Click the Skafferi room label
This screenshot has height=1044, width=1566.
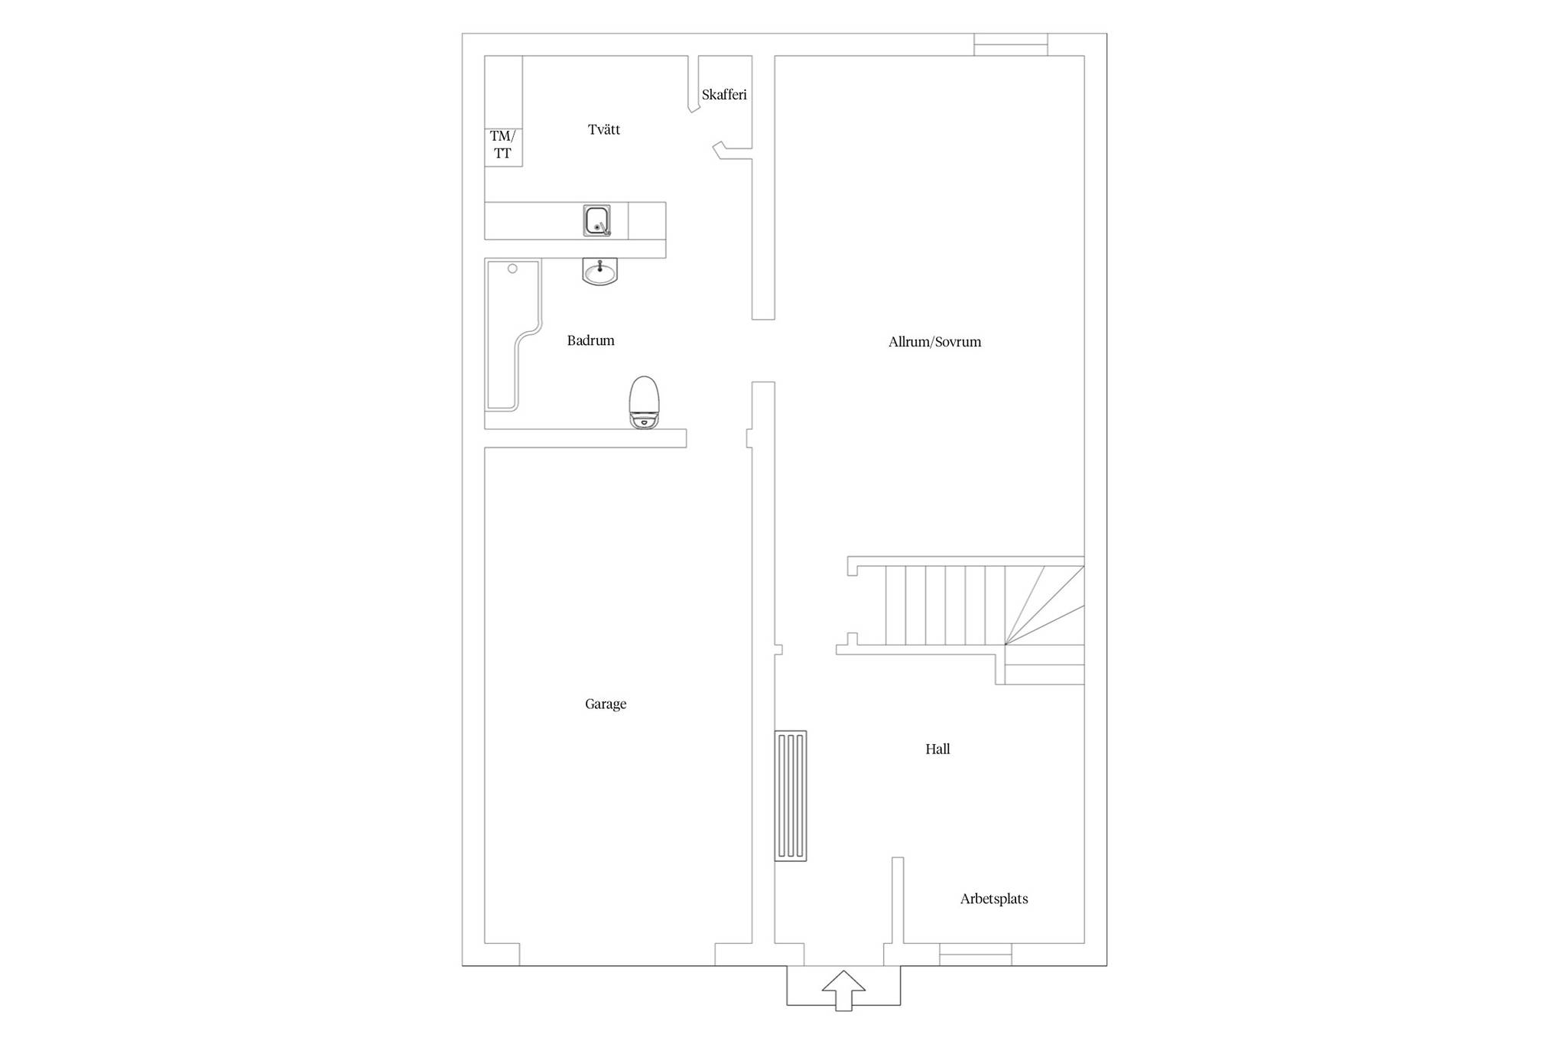tap(724, 95)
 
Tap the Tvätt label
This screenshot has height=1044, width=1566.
tap(604, 129)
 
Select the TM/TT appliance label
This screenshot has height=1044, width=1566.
tap(502, 145)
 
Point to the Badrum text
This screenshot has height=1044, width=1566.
tap(590, 340)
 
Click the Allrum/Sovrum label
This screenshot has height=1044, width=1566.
tap(934, 342)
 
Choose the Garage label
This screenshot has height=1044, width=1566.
tap(606, 704)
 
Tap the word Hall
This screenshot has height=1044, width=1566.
tap(937, 750)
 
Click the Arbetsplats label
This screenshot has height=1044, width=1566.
tap(994, 899)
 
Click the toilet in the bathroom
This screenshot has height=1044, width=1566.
tap(644, 402)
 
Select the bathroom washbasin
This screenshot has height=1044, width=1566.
tap(599, 272)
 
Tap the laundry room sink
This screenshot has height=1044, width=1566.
tap(596, 220)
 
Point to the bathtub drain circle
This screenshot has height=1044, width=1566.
tap(512, 268)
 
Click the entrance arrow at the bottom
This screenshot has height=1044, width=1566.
tap(843, 990)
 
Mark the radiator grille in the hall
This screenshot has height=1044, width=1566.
tap(791, 796)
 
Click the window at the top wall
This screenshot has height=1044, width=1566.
tap(1011, 44)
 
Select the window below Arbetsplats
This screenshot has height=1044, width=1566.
tap(976, 955)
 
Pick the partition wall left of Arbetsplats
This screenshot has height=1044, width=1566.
tap(898, 900)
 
